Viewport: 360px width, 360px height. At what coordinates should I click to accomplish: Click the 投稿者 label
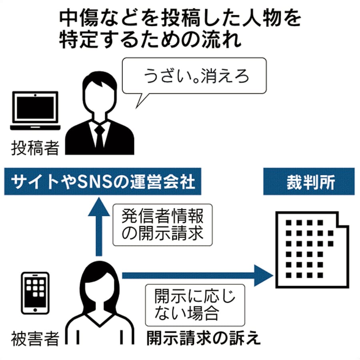coord(35,148)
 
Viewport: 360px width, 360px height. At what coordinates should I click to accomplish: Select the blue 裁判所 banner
coord(308,182)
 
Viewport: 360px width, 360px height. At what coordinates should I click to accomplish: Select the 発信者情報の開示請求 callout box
coord(162,225)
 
